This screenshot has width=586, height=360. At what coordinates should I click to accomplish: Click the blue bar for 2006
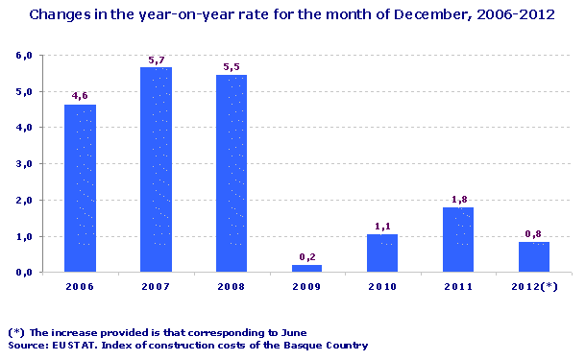pos(80,188)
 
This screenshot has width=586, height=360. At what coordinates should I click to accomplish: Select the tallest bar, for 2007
pos(156,169)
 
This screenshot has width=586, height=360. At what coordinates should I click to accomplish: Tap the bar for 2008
pos(232,173)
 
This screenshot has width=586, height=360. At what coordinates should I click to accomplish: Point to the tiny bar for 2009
pos(307,269)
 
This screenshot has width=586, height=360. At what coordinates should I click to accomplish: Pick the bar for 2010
pos(382,253)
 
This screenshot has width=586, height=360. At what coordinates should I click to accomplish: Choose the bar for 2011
pos(458,240)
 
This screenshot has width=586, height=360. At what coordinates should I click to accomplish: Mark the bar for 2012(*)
pos(533,257)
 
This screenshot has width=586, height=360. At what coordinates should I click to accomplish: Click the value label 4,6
pos(80,95)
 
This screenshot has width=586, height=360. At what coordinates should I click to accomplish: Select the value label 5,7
pos(157,60)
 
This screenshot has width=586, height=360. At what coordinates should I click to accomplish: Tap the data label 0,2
pos(307,256)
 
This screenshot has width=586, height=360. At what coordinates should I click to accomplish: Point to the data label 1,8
pos(459,199)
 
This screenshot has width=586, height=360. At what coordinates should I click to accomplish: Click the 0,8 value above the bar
pos(534,233)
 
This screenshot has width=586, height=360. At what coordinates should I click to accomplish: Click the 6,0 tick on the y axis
pos(25,56)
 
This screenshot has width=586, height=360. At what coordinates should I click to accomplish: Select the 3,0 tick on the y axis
pos(25,164)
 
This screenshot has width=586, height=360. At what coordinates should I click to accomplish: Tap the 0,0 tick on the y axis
pos(25,273)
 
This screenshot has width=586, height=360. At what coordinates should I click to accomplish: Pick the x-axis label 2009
pos(307,287)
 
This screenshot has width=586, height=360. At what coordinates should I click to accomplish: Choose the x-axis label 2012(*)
pos(534,287)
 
